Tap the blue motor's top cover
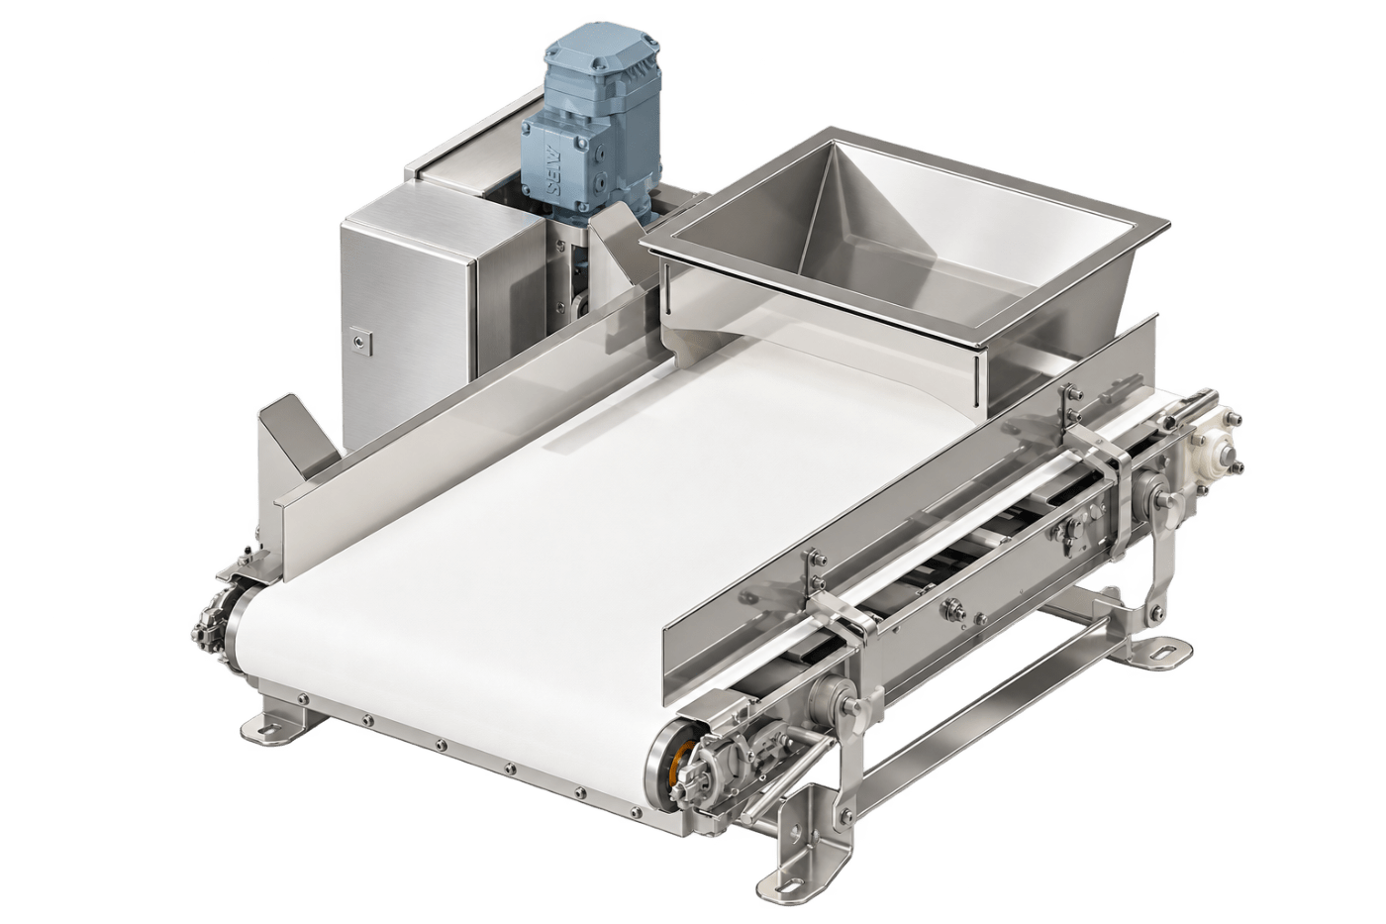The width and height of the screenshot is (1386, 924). pyautogui.click(x=599, y=45)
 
